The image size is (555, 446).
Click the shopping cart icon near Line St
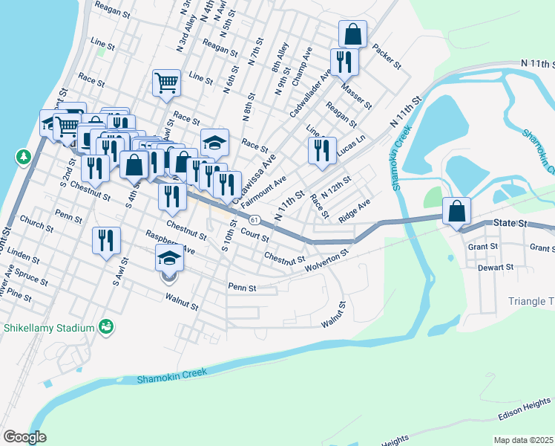(167, 82)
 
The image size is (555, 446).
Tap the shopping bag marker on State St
(456, 210)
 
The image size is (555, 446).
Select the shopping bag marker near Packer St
(352, 34)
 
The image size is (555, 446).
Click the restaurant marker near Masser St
(343, 61)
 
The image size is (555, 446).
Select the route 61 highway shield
(254, 220)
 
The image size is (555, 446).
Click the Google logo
(24, 437)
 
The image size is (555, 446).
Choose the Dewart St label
(496, 267)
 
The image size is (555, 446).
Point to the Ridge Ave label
(354, 210)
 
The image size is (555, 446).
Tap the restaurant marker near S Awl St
(106, 240)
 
